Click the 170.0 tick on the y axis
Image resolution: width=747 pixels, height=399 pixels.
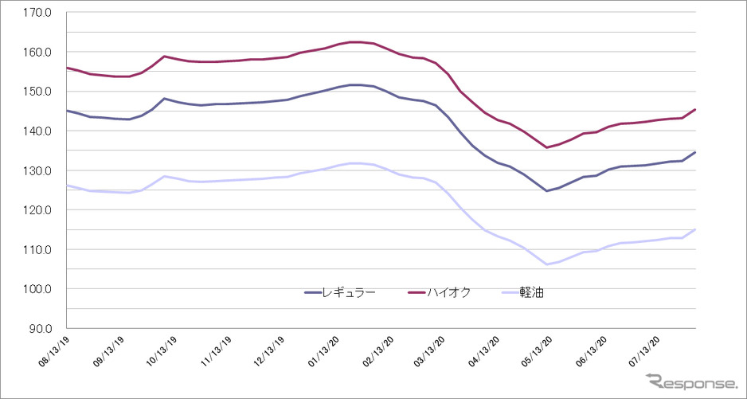pos(38,13)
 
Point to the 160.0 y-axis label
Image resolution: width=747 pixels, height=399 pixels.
pos(38,53)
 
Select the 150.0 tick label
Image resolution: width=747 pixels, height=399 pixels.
pos(38,92)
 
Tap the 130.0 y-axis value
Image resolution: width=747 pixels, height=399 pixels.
pos(38,170)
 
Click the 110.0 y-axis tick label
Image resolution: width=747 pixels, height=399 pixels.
pos(38,249)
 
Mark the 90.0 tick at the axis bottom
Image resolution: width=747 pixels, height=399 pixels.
pos(41,328)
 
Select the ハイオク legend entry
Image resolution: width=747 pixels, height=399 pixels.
pos(440,292)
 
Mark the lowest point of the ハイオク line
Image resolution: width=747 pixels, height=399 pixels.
pos(546,147)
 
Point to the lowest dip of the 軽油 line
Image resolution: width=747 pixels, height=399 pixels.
pos(546,264)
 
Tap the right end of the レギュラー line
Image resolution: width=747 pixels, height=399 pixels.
pos(695,152)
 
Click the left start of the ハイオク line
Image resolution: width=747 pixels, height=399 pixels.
pos(68,68)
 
